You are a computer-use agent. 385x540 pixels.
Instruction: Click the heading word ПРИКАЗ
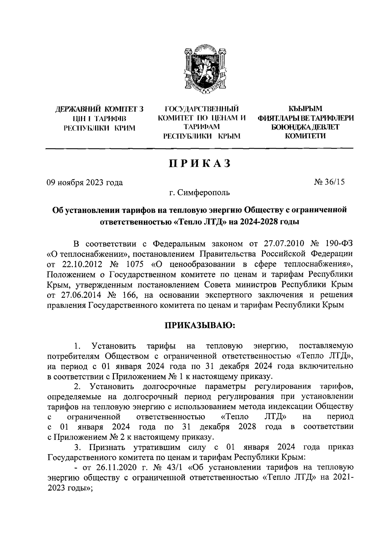tap(200, 164)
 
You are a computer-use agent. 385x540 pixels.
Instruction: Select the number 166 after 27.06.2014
tap(133, 295)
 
